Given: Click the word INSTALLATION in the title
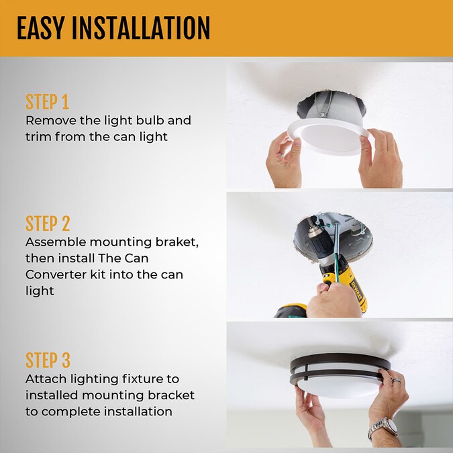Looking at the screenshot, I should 142,29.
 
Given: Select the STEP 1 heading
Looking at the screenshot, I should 47,103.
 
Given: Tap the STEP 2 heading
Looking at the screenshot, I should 48,223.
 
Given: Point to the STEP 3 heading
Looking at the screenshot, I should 48,360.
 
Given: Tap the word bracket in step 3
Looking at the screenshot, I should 171,395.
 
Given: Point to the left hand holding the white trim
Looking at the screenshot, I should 283,162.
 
